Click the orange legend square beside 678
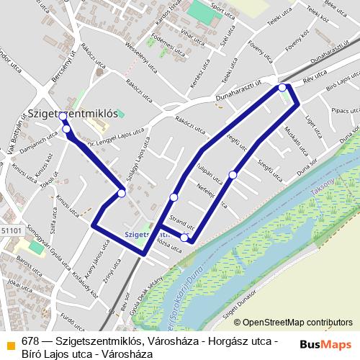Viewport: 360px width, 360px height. click(x=11, y=343)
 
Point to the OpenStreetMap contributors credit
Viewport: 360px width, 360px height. click(x=297, y=323)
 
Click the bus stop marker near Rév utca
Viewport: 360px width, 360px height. click(x=282, y=88)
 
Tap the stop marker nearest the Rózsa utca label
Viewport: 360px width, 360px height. click(x=185, y=238)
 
